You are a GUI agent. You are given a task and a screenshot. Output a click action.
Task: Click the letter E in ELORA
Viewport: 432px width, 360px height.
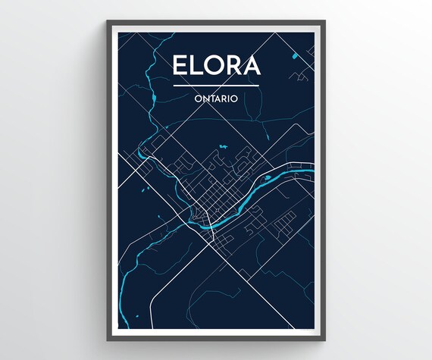click(180, 66)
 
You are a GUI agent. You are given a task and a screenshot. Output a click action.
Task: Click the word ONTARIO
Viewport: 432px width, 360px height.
click(216, 97)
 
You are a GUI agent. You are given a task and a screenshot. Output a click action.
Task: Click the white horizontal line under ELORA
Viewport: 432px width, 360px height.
click(216, 86)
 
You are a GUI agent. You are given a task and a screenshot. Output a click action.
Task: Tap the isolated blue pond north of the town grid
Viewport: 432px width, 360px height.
click(222, 146)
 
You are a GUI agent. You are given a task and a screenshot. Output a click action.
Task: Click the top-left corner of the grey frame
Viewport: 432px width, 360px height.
click(108, 22)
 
